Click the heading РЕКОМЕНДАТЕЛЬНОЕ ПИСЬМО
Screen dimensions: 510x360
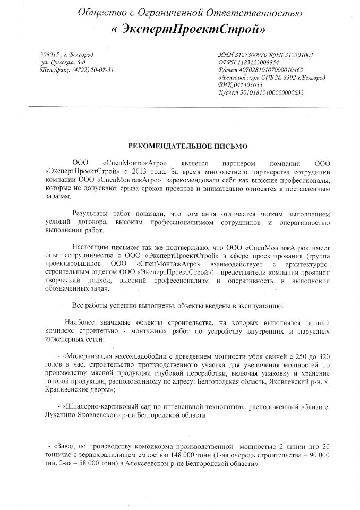tap(180, 145)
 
